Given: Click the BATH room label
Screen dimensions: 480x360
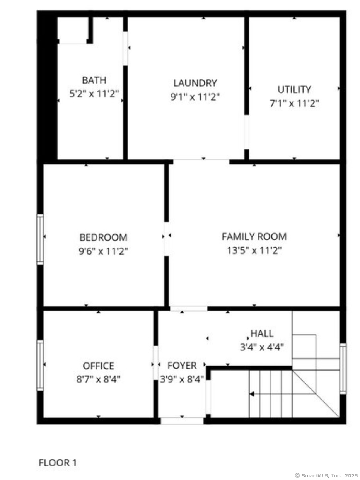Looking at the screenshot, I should [x=94, y=80].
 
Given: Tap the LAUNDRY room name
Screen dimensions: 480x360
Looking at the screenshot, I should [x=195, y=83].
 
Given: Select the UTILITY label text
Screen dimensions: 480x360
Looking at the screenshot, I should [x=294, y=90].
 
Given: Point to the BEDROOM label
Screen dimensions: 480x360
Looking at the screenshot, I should [x=103, y=237].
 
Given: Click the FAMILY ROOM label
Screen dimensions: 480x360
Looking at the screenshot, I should [x=254, y=236].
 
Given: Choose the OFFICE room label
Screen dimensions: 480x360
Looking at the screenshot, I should [x=98, y=366].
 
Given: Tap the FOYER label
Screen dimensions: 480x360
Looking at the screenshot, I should [x=182, y=366].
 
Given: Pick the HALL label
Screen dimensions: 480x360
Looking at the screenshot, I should [x=262, y=333].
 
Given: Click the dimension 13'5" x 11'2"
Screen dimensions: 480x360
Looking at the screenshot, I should [x=254, y=251].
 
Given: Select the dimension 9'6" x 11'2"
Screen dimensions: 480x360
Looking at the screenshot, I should [x=103, y=251].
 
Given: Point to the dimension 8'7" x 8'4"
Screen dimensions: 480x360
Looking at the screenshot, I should [x=98, y=379].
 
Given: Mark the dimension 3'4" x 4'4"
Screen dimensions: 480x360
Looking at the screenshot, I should [x=262, y=347].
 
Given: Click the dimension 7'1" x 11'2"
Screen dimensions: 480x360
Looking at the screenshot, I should [x=294, y=104].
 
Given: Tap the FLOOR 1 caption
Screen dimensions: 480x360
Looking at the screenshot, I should [x=58, y=462].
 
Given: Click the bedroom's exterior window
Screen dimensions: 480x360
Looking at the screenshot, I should [x=40, y=239].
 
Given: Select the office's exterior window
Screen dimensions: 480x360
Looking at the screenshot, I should [x=40, y=365].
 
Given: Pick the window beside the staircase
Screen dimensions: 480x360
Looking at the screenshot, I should [x=343, y=369].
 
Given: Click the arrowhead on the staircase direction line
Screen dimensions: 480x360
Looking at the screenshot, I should [x=252, y=394].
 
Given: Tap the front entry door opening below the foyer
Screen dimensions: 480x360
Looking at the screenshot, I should [x=182, y=421].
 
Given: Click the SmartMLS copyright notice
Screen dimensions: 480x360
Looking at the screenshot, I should [x=326, y=475].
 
